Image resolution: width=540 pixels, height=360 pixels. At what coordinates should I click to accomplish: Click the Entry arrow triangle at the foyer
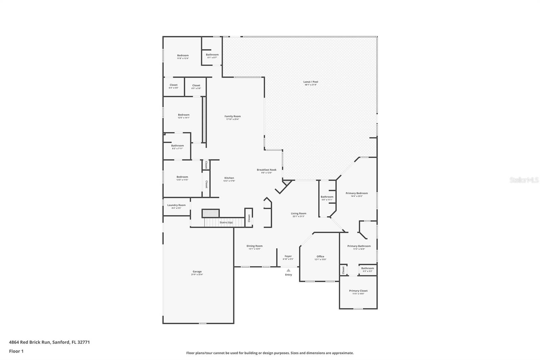pos(288,270)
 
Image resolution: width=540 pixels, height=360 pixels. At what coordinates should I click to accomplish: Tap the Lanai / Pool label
pos(310,82)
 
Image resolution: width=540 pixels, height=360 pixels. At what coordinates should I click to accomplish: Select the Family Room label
pos(233,116)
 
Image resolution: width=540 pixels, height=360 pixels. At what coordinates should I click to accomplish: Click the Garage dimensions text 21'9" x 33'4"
pos(197,275)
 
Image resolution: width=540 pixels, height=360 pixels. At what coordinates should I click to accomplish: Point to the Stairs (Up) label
pos(226,223)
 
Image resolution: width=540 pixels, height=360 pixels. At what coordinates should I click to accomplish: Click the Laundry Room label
pos(176,205)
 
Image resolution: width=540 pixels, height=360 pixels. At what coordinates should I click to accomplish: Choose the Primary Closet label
pos(358,290)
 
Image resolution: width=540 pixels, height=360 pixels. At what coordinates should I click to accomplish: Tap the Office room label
pos(320,256)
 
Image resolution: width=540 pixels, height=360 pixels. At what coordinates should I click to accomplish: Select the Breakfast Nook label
pos(266,170)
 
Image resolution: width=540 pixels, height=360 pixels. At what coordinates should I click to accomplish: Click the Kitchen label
pos(229,178)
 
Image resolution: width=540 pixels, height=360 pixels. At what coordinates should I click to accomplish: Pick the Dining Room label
pos(254,246)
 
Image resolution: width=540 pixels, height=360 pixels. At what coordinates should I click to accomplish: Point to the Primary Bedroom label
pos(356,193)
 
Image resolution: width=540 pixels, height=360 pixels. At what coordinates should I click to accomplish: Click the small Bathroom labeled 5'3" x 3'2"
pos(367,268)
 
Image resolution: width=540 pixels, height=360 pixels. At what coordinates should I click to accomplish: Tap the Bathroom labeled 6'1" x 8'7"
pos(212,54)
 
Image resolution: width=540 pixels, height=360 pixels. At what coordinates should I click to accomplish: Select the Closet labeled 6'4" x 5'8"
pos(173,85)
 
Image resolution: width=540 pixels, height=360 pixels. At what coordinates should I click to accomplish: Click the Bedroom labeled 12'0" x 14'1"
pos(184,115)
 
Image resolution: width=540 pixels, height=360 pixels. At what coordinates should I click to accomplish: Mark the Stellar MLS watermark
pos(524,180)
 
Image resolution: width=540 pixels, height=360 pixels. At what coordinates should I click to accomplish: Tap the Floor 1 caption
pos(16,351)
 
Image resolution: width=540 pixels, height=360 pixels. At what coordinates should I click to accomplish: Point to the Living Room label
pos(298,213)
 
